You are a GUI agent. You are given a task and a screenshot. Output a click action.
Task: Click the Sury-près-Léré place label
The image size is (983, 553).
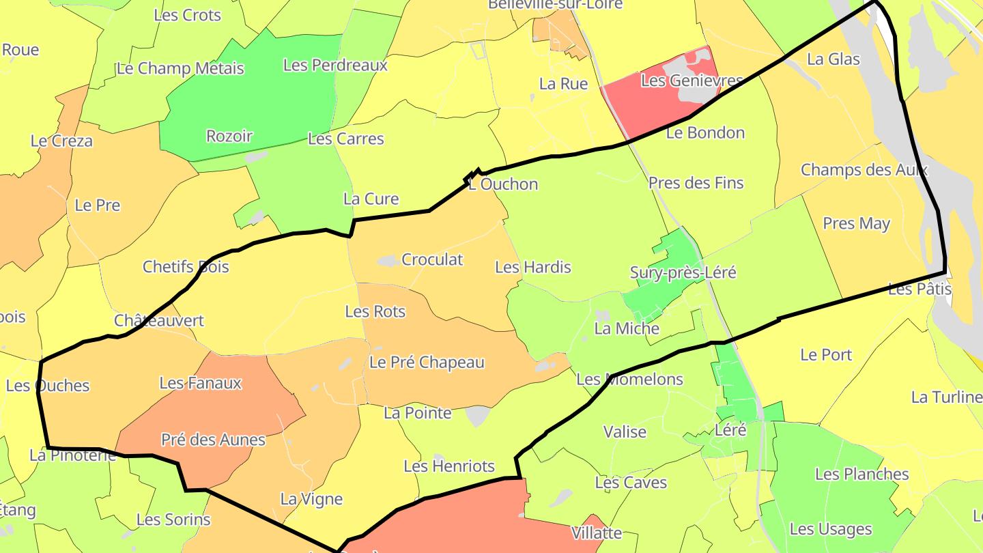683,273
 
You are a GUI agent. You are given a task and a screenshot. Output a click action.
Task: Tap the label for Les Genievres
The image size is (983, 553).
692,81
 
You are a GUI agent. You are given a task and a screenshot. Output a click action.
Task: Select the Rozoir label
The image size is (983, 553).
229,136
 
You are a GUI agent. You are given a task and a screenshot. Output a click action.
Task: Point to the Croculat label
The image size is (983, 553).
432,259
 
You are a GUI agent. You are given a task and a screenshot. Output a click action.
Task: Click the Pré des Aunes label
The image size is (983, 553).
213,440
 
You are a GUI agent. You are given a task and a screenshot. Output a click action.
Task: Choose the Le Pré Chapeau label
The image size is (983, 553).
427,362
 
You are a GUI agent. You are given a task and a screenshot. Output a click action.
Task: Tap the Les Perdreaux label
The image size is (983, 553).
335,65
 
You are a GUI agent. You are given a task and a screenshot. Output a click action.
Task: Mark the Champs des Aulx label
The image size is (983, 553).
864,169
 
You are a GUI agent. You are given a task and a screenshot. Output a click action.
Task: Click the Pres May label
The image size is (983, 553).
856,223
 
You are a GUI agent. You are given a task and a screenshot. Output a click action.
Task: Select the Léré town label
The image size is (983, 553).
730,430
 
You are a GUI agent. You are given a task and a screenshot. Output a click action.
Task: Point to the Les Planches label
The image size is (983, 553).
861,474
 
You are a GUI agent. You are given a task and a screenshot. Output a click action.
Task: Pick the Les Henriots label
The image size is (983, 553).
449,466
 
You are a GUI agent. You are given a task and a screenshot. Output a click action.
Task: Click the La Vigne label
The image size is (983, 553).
311,499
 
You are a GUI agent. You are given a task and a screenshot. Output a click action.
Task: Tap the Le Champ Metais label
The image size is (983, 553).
180,68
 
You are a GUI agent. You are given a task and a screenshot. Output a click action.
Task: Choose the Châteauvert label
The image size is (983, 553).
159,320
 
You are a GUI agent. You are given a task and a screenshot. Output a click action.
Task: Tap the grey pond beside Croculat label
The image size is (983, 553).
388,261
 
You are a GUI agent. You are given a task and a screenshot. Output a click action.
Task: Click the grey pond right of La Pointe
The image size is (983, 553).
478,415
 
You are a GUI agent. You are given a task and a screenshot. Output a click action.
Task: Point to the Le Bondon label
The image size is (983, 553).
705,132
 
